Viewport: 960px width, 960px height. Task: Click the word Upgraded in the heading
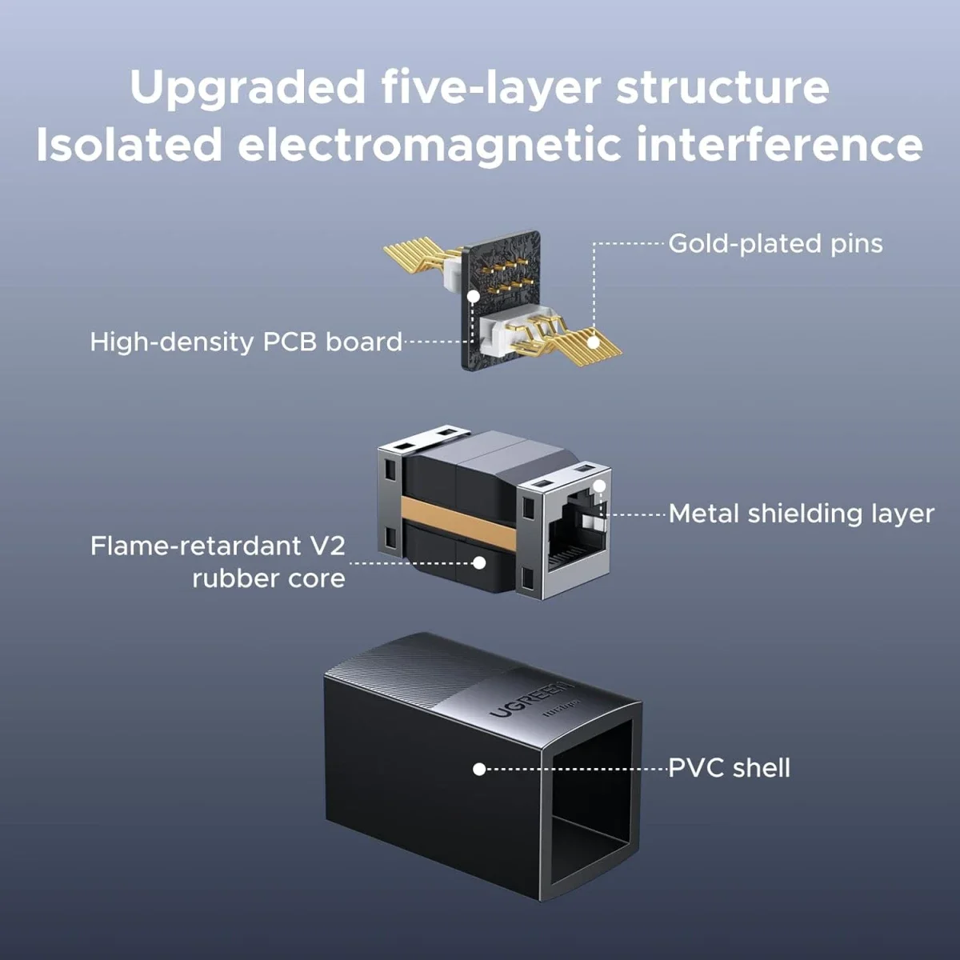click(247, 88)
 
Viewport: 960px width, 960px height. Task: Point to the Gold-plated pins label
click(775, 244)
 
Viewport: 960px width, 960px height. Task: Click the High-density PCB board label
click(246, 342)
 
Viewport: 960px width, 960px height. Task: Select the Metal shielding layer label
click(801, 514)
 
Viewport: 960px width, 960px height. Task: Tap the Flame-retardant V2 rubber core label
click(218, 562)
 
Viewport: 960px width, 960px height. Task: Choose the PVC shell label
click(729, 768)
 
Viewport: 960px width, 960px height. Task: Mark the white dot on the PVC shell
click(479, 769)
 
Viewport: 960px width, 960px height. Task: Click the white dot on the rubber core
click(479, 563)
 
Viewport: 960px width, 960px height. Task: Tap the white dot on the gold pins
click(593, 342)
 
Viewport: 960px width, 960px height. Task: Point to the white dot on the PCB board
click(474, 297)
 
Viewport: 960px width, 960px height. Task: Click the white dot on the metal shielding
click(600, 486)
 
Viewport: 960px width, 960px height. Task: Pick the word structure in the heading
click(722, 88)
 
